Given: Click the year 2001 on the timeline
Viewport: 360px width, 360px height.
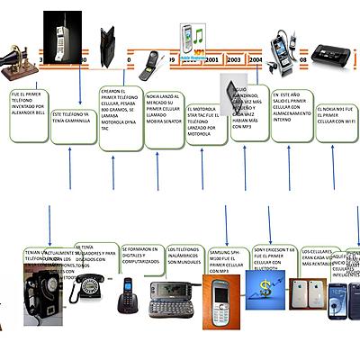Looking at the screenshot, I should pyautogui.click(x=212, y=58).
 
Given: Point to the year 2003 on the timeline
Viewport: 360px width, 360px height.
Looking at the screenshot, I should pyautogui.click(x=235, y=58).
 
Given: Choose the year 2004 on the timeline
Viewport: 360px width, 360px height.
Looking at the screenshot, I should pyautogui.click(x=256, y=58).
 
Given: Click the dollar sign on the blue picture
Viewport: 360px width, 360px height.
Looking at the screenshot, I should pyautogui.click(x=265, y=288).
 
